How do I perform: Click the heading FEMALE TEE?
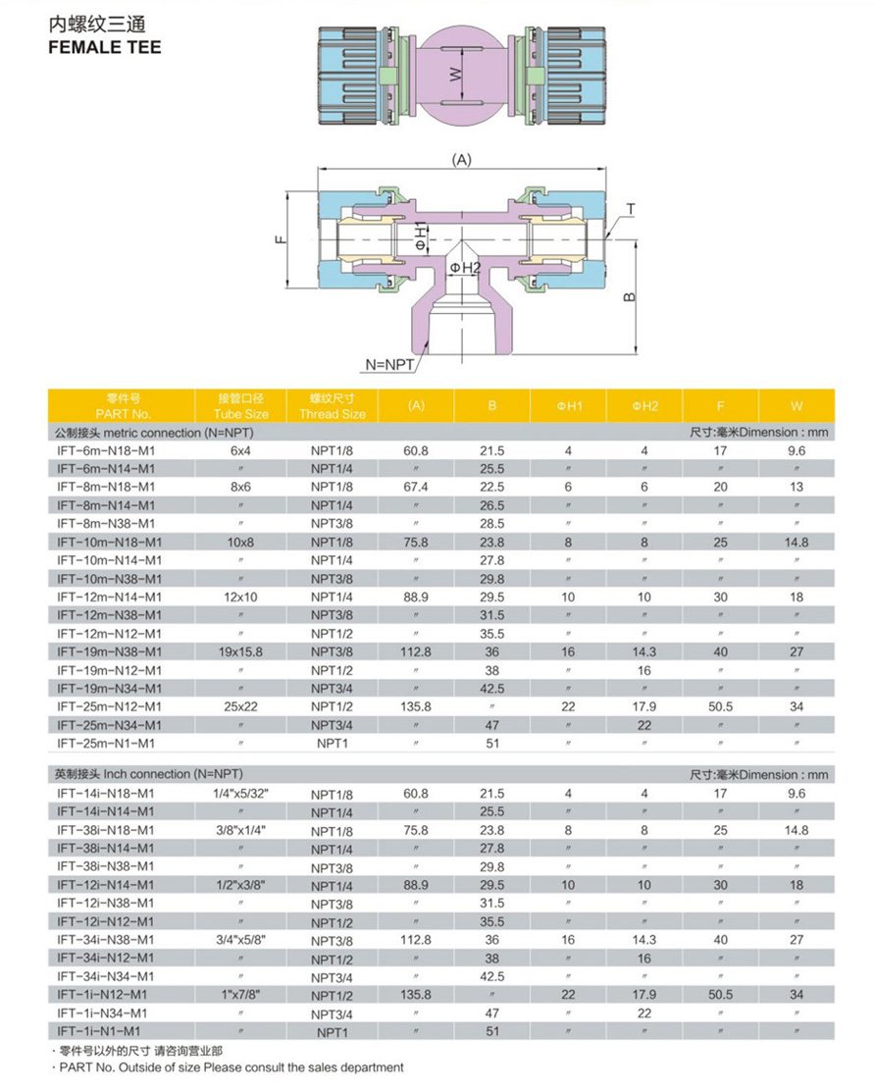[x=105, y=47]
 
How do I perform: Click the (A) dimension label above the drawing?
[x=462, y=160]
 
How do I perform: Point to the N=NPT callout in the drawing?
[x=389, y=365]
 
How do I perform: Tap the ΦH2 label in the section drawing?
[x=465, y=268]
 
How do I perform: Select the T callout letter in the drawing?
[x=631, y=209]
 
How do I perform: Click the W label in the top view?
[x=455, y=74]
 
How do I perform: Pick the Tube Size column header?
[x=240, y=414]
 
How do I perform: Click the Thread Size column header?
[x=333, y=414]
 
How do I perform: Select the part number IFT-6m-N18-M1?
[x=106, y=451]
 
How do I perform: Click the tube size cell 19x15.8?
[x=240, y=652]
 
